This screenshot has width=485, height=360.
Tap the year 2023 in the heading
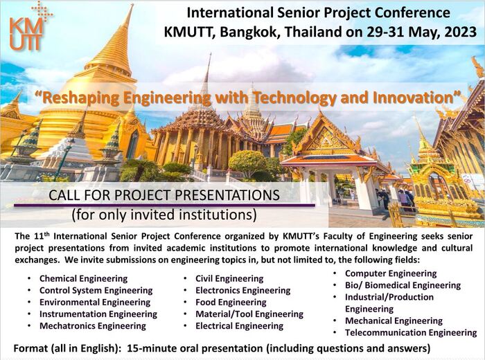point(458,32)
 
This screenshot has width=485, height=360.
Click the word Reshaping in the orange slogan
point(81,98)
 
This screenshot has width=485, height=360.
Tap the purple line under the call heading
point(164,205)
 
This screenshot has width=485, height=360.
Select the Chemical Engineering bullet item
point(84,279)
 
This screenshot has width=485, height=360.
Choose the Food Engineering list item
point(231,303)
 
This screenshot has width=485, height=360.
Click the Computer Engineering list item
point(391,273)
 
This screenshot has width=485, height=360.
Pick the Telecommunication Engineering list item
point(411,333)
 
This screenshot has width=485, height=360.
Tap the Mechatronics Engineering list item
point(93,326)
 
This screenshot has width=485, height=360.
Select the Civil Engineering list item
point(229,279)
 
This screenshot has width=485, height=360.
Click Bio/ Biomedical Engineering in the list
point(403,285)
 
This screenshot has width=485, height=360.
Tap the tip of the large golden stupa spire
point(132,4)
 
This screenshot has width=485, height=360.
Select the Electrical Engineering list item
point(239,326)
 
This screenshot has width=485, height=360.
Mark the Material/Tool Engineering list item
point(249,314)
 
